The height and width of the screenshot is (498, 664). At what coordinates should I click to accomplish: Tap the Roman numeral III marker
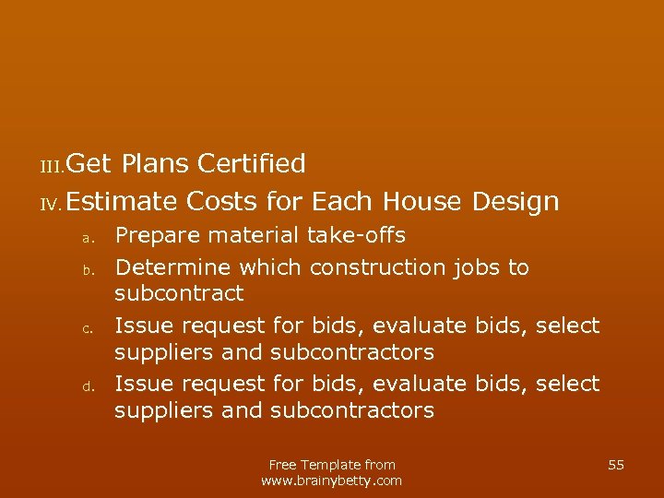[x=51, y=166]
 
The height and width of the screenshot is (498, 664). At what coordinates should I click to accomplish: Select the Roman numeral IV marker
[x=51, y=203]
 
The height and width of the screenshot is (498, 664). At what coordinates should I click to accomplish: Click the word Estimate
[x=122, y=201]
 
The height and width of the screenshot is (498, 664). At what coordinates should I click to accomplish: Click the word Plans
[x=154, y=164]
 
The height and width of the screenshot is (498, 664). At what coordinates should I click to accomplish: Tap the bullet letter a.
[x=85, y=238]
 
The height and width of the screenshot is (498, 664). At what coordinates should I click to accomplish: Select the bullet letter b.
[x=85, y=270]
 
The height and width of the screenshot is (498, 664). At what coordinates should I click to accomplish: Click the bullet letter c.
[x=85, y=328]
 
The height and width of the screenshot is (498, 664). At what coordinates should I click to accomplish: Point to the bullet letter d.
[x=85, y=386]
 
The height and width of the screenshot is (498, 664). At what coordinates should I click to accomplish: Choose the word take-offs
[x=356, y=236]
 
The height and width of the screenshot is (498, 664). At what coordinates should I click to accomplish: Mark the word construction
[x=378, y=267]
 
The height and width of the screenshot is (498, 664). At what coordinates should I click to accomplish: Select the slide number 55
[x=616, y=465]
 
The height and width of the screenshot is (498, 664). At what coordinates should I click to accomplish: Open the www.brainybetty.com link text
[x=332, y=480]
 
